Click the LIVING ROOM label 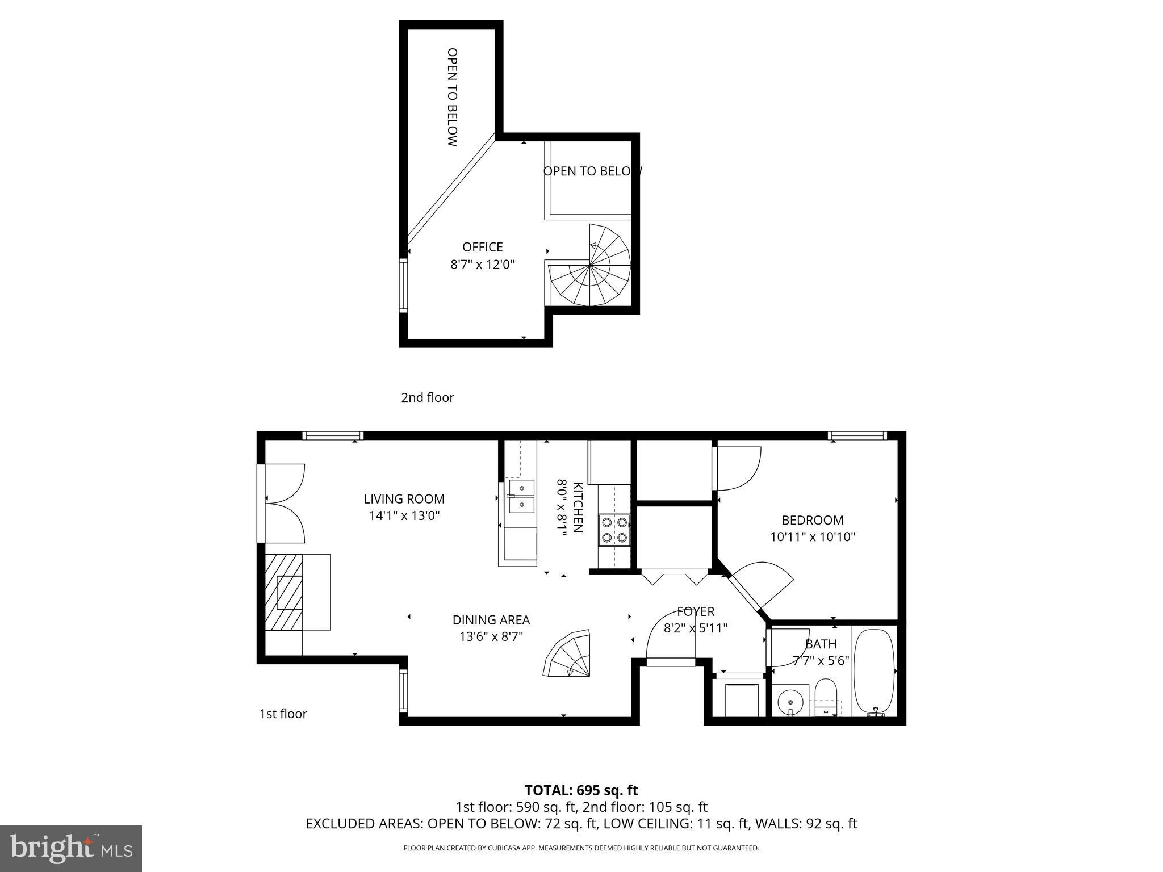404,499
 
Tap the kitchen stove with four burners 614,530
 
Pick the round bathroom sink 790,702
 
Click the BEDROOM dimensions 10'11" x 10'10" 813,536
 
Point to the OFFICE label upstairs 482,247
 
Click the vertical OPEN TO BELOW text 452,97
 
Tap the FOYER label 695,611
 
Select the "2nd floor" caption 428,397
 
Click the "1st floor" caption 283,714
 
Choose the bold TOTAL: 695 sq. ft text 581,790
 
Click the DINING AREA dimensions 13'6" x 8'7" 491,636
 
